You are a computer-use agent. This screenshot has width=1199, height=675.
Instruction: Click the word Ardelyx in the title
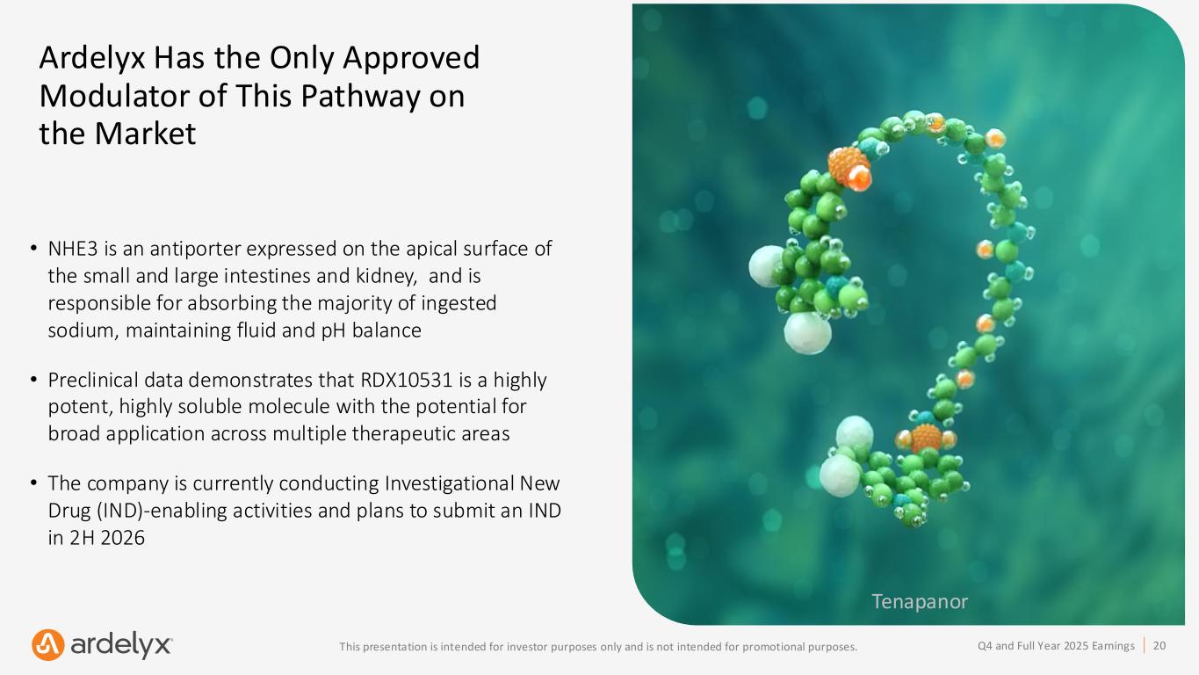coord(92,59)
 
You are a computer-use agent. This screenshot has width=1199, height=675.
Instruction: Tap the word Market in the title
coord(145,134)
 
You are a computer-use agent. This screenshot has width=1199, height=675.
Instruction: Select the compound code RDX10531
coord(407,380)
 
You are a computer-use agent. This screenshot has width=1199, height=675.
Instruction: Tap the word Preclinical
coord(89,380)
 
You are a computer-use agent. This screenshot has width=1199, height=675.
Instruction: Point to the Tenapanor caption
coord(920,601)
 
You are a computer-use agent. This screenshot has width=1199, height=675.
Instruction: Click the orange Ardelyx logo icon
coord(47,645)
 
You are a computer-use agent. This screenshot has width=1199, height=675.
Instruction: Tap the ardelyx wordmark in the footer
coord(121,645)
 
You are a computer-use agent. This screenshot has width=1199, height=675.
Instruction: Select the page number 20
coord(1159,645)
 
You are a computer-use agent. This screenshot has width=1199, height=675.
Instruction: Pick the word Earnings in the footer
coord(1114,646)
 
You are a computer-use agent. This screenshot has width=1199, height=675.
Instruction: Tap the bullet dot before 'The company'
coord(33,483)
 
